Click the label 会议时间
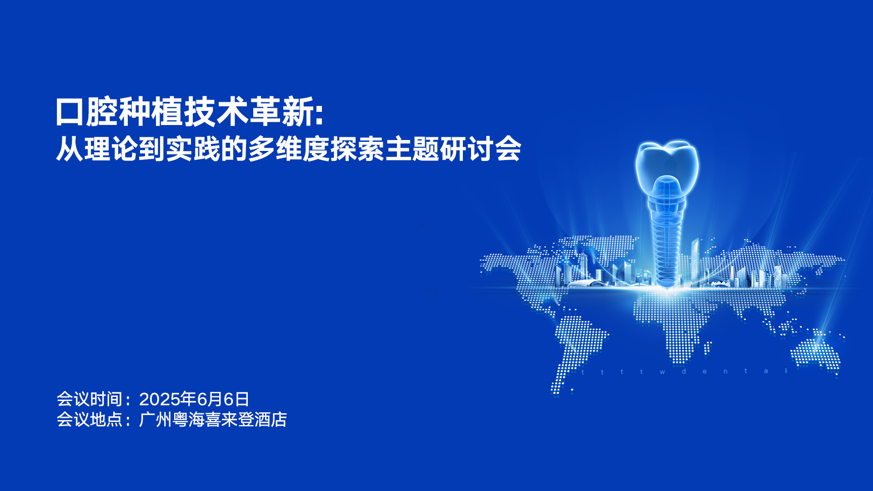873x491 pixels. click(90, 399)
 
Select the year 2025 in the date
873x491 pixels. click(160, 399)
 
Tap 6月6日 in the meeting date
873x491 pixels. click(223, 399)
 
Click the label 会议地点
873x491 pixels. click(90, 419)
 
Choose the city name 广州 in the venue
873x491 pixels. click(156, 419)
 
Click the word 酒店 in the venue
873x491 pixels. click(271, 419)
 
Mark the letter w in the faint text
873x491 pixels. click(662, 372)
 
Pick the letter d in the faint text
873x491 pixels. click(683, 371)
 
